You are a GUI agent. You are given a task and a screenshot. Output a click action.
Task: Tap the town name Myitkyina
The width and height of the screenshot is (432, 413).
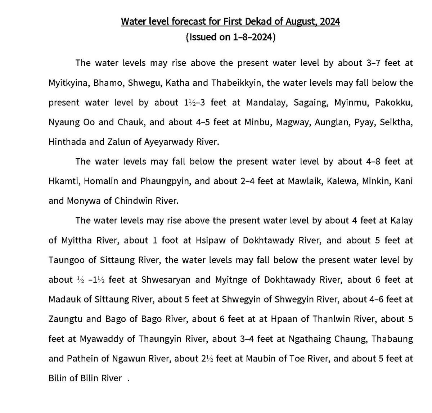68,83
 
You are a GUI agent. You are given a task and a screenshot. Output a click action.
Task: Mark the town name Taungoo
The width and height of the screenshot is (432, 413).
65,260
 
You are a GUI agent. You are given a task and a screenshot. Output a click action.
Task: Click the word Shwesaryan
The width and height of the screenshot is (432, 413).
166,280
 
